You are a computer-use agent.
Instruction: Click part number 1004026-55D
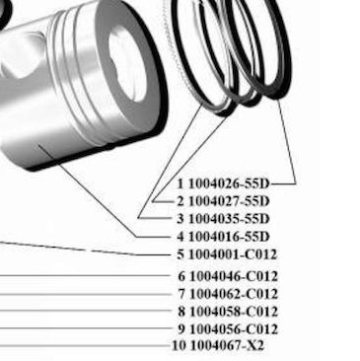pyautogui.click(x=229, y=183)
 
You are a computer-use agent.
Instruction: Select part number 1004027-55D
pyautogui.click(x=229, y=201)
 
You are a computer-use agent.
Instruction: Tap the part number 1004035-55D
pyautogui.click(x=229, y=219)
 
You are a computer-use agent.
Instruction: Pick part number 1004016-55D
pyautogui.click(x=229, y=237)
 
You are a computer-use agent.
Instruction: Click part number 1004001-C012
pyautogui.click(x=233, y=254)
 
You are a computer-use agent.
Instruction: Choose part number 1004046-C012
pyautogui.click(x=234, y=276)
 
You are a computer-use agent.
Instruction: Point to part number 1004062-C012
pyautogui.click(x=234, y=294)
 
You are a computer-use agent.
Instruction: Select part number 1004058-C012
pyautogui.click(x=234, y=312)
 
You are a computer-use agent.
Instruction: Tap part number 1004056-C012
pyautogui.click(x=234, y=329)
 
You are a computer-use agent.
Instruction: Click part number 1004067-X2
pyautogui.click(x=227, y=346)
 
